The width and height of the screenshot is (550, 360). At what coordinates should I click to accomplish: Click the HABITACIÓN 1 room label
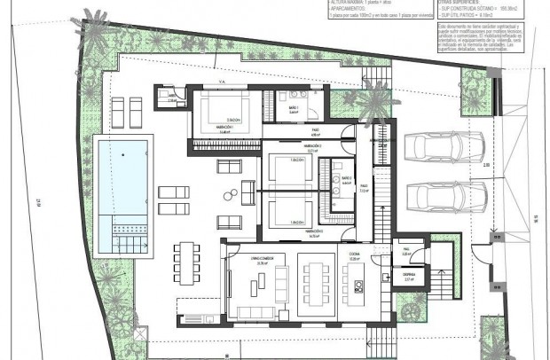point(206,128)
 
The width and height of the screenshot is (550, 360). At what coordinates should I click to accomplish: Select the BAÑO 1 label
point(291,108)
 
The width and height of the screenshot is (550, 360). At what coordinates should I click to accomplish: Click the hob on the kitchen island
point(359,286)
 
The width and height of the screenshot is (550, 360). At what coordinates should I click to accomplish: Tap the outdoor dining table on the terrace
point(185,263)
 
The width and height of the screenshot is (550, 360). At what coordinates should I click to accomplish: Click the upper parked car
point(444,147)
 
